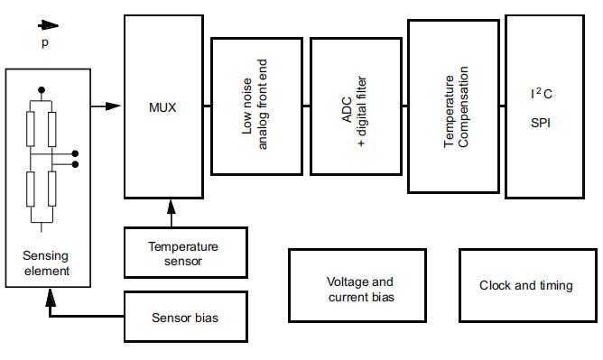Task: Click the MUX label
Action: (x=162, y=107)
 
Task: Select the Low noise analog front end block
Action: (x=256, y=106)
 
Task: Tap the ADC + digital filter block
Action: (x=356, y=106)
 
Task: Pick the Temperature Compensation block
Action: (x=453, y=106)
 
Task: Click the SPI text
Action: (x=541, y=123)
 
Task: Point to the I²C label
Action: (x=541, y=93)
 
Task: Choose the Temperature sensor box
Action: (x=186, y=253)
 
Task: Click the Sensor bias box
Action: (x=186, y=316)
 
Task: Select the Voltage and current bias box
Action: (x=357, y=285)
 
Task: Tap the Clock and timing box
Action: (x=528, y=285)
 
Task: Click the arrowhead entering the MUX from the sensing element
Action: (x=113, y=106)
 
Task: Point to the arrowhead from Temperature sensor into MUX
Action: (x=172, y=207)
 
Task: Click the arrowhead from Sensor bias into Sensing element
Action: (x=51, y=298)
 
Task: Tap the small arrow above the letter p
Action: (x=48, y=26)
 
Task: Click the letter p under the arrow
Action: (x=45, y=42)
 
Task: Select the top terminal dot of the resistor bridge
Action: (x=42, y=90)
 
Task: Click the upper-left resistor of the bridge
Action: (x=31, y=129)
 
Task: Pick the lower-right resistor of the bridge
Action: (x=52, y=189)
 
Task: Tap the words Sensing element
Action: (x=46, y=263)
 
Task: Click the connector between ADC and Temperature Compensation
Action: (x=405, y=106)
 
